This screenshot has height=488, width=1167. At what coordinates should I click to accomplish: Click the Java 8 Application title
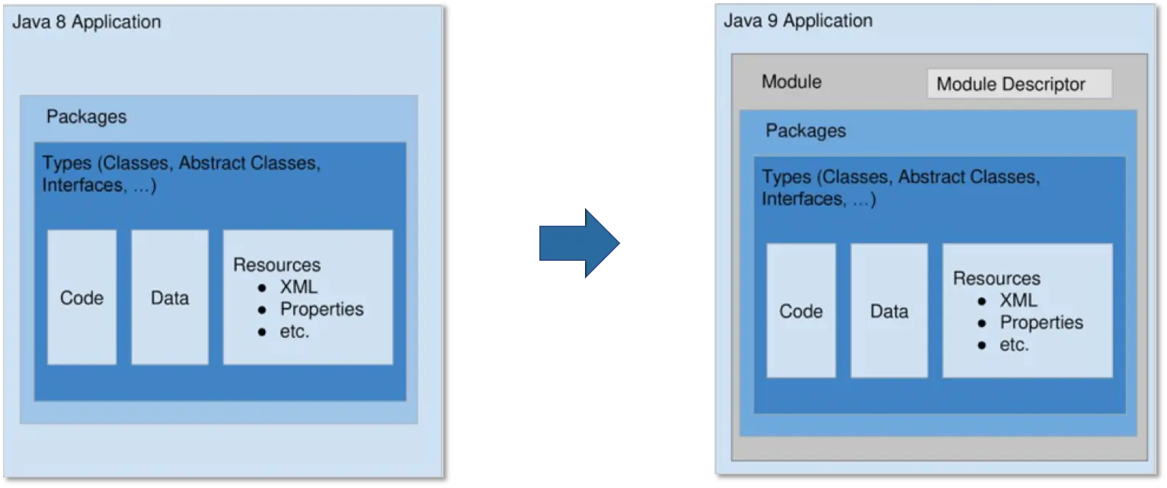tap(87, 22)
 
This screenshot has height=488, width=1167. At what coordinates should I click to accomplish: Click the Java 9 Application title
tap(798, 21)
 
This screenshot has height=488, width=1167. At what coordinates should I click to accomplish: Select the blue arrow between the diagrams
tap(579, 243)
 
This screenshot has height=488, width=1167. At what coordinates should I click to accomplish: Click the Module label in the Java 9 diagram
tap(791, 82)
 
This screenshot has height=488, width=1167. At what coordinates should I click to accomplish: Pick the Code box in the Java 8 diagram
tap(82, 297)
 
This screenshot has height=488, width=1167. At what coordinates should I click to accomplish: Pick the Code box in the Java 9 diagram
tap(801, 311)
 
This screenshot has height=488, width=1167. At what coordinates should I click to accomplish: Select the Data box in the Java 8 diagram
tap(169, 297)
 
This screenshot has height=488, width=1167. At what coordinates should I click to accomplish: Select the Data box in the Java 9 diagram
tap(889, 311)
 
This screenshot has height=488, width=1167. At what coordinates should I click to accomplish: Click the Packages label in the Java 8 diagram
tap(86, 117)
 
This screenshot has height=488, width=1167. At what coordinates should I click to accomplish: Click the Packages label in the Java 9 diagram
tap(805, 130)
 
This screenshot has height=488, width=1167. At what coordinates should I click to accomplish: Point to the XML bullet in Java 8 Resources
tap(298, 287)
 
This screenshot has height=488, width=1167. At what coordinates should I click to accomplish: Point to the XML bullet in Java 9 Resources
tap(1018, 300)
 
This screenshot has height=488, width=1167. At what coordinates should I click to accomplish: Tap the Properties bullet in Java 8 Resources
tap(321, 310)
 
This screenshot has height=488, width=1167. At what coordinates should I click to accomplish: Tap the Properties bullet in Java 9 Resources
tap(1041, 323)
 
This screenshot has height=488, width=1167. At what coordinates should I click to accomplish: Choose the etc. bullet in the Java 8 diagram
tap(295, 332)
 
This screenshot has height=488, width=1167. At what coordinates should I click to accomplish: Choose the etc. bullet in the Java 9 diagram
tap(1014, 345)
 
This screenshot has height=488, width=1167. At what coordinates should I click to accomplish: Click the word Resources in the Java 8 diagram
tap(277, 265)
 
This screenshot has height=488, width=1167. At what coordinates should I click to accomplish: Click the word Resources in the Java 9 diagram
tap(996, 278)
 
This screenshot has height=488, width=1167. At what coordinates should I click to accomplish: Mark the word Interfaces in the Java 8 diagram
tap(82, 185)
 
